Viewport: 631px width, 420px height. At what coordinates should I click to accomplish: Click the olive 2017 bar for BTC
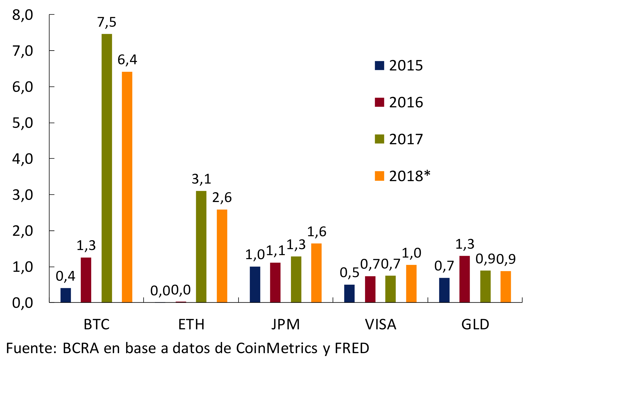(x=107, y=168)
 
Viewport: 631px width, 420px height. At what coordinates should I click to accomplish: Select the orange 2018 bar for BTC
(x=127, y=187)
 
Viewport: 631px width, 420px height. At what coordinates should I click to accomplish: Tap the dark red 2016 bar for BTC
(x=86, y=280)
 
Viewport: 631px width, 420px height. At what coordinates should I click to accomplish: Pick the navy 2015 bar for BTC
(x=66, y=295)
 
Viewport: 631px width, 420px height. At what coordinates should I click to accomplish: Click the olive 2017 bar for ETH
(x=201, y=247)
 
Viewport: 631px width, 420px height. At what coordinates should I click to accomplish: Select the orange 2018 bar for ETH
(x=222, y=256)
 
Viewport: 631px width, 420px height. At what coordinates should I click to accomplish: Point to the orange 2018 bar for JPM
(x=316, y=273)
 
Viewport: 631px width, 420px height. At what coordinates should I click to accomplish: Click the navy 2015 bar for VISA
(x=349, y=294)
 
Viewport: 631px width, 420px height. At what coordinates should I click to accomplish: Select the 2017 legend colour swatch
(x=379, y=139)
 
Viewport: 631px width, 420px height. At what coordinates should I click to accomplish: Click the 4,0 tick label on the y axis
(x=22, y=159)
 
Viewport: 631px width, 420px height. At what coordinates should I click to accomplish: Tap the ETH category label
(x=191, y=324)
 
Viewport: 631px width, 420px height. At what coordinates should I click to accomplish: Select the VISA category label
(x=380, y=324)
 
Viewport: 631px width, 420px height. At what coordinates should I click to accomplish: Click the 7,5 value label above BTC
(x=107, y=22)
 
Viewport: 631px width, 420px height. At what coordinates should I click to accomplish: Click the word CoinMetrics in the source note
(x=277, y=348)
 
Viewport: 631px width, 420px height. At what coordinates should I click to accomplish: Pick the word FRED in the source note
(x=352, y=348)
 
